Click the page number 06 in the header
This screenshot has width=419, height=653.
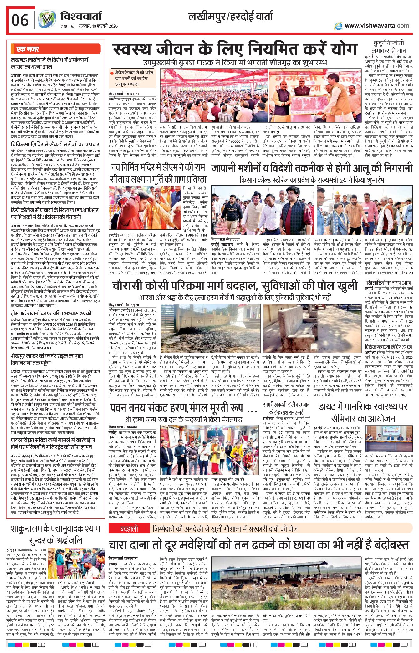[x=20, y=20]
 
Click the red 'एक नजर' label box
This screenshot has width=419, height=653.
[x=28, y=49]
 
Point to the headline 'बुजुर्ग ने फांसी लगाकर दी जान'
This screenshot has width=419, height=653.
[x=389, y=46]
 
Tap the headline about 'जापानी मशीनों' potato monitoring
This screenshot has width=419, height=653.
[x=312, y=168]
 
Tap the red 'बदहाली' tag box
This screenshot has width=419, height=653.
[x=129, y=528]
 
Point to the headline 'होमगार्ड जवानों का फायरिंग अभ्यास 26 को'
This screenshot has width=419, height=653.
[x=51, y=313]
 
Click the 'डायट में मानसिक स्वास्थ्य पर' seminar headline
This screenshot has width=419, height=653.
[x=363, y=406]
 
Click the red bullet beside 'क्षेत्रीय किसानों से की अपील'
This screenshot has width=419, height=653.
[x=112, y=73]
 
